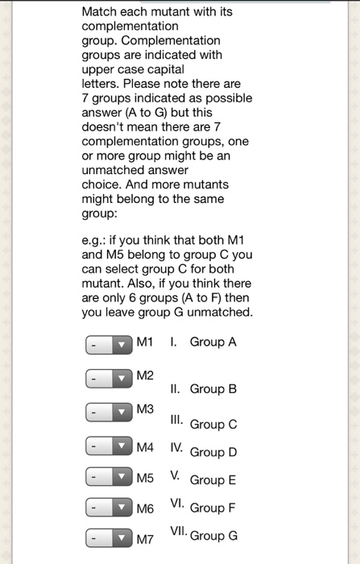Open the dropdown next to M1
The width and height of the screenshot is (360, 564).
point(108,344)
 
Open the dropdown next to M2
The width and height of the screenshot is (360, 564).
point(108,378)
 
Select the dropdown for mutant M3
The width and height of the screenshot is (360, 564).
point(108,413)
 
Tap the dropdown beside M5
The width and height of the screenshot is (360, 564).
point(108,479)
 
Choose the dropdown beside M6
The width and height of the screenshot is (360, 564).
point(108,509)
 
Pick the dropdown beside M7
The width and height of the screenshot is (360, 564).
point(108,540)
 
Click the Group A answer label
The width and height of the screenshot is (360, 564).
point(213,342)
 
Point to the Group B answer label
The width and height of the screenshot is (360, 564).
point(213,388)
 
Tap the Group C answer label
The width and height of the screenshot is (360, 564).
point(213,424)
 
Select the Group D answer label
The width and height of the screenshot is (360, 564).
point(213,451)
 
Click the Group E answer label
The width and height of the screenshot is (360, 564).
point(213,479)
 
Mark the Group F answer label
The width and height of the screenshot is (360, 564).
point(213,508)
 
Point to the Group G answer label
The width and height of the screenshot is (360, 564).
point(213,535)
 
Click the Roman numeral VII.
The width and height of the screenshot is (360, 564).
point(178,532)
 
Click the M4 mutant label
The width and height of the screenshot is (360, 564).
point(145,446)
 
